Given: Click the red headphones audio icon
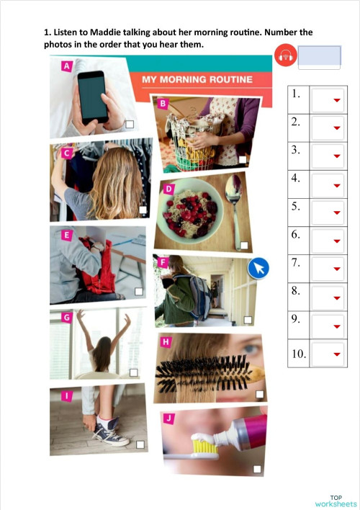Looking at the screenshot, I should pyautogui.click(x=285, y=55).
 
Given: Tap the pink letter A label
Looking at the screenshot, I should pyautogui.click(x=67, y=66).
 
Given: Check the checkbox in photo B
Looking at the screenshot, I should pyautogui.click(x=243, y=159).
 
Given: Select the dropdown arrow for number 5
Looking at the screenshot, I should pyautogui.click(x=336, y=214).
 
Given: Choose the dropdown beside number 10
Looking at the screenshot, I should pyautogui.click(x=336, y=354).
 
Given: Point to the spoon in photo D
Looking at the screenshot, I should pyautogui.click(x=233, y=194).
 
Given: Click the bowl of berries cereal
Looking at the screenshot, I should pyautogui.click(x=189, y=209).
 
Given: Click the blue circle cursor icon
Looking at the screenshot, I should pyautogui.click(x=258, y=269).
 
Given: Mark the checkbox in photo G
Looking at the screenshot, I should pyautogui.click(x=133, y=372).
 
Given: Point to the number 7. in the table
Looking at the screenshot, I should pyautogui.click(x=296, y=263).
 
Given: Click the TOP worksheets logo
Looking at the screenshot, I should pyautogui.click(x=335, y=501).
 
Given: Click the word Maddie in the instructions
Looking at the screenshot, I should pyautogui.click(x=107, y=33).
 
